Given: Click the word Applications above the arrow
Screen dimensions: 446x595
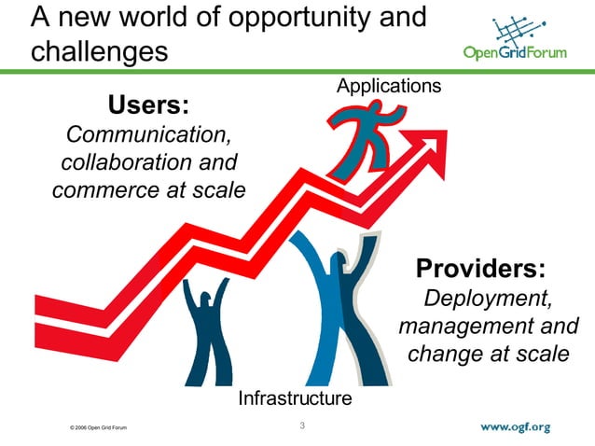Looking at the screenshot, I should pyautogui.click(x=388, y=87).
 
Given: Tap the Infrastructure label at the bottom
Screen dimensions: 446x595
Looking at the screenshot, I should pyautogui.click(x=295, y=398).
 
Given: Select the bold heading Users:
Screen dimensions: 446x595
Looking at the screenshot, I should pyautogui.click(x=149, y=104).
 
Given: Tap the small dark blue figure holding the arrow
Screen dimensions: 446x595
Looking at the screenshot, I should pyautogui.click(x=208, y=331).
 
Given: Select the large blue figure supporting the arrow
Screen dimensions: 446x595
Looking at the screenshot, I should pyautogui.click(x=334, y=308).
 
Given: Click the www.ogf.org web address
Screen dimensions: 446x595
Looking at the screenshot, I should pyautogui.click(x=516, y=427).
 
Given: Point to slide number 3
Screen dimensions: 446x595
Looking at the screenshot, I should pyautogui.click(x=302, y=427).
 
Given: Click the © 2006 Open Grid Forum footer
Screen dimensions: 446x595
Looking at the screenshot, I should pyautogui.click(x=92, y=428).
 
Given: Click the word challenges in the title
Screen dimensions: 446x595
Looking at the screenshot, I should pyautogui.click(x=100, y=49).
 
